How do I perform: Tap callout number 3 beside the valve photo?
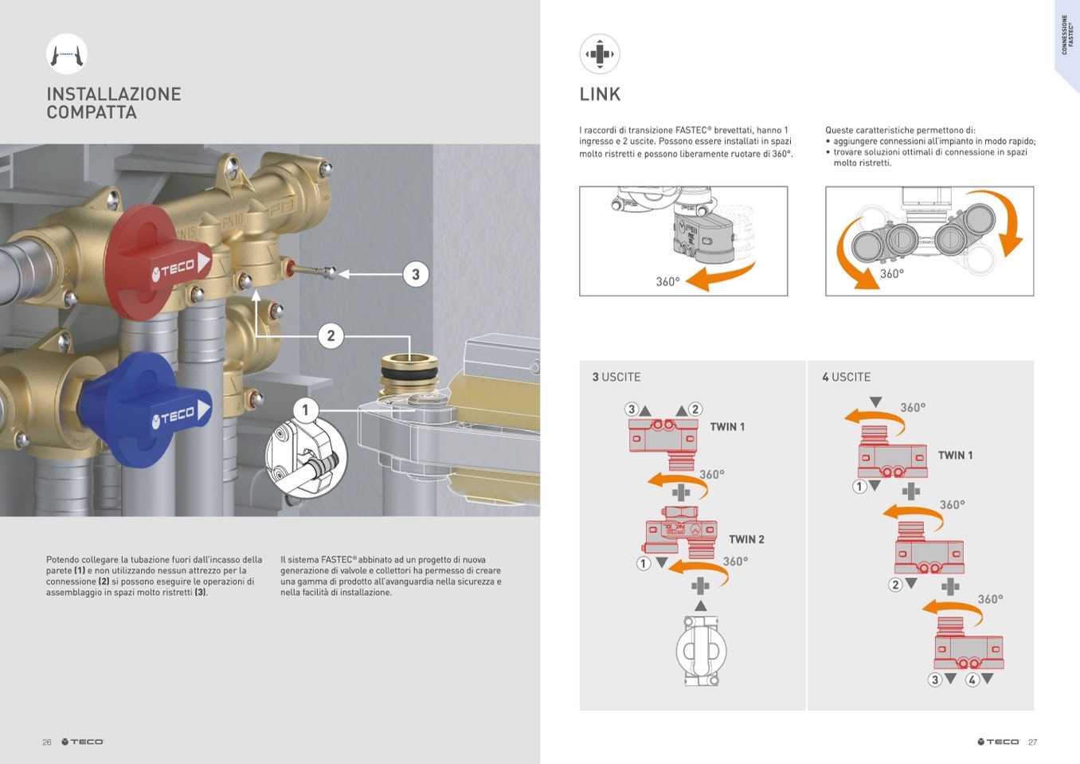(x=415, y=275)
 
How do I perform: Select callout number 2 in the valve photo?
(x=331, y=335)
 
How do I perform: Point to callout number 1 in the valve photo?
(x=305, y=410)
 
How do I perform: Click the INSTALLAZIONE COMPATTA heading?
(x=113, y=104)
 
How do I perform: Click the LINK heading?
(x=600, y=95)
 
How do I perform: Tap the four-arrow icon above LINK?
(x=600, y=54)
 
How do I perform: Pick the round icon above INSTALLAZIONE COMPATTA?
(x=67, y=54)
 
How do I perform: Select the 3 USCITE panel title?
(x=616, y=377)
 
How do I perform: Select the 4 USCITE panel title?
(x=846, y=377)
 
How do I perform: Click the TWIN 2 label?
(x=746, y=539)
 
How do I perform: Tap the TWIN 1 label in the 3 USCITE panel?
(x=727, y=427)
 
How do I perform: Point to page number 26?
(x=47, y=742)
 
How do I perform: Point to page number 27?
(x=1032, y=742)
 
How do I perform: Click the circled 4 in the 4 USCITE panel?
(x=972, y=680)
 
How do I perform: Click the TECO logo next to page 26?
(x=83, y=742)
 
